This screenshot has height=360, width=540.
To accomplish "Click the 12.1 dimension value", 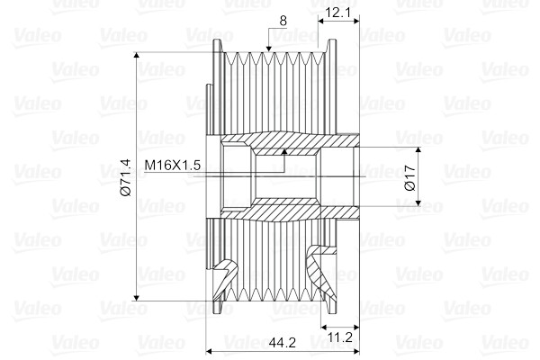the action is coord(337,13).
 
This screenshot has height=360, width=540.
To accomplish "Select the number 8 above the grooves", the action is coord(283,21).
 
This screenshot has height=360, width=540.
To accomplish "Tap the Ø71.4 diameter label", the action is coord(126,177).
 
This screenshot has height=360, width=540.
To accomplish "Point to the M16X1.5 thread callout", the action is coord(172,165).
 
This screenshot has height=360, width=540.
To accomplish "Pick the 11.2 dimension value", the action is coord(339,337).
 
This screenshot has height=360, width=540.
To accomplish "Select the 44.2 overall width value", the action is coord(283,342).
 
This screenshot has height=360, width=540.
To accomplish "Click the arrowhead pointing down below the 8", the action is coord(269,49).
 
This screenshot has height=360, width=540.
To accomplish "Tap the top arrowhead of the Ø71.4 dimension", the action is coord(137,56).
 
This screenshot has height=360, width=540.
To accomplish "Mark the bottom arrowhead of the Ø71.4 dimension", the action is coord(137,297).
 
